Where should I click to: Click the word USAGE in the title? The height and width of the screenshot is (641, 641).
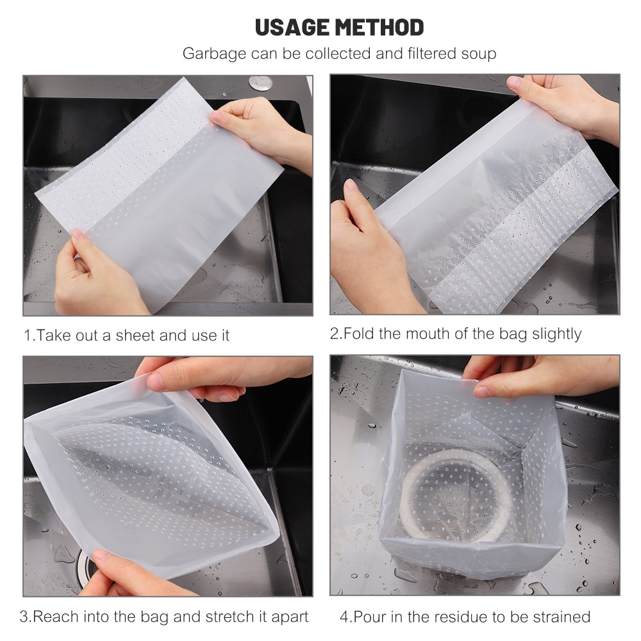pyautogui.click(x=292, y=28)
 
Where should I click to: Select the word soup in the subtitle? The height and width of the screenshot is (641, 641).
pyautogui.click(x=477, y=54)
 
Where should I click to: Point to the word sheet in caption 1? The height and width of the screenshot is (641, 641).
pyautogui.click(x=135, y=336)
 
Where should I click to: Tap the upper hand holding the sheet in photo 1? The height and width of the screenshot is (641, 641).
pyautogui.click(x=256, y=128)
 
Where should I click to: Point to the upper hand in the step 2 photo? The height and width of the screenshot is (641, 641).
pyautogui.click(x=564, y=103)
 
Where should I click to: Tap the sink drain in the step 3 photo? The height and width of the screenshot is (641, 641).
pyautogui.click(x=87, y=567)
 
